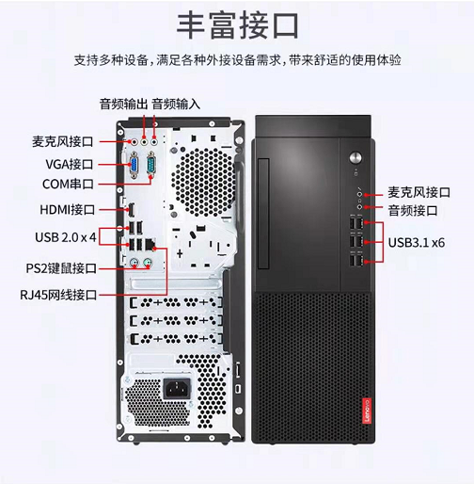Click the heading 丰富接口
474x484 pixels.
click(x=237, y=25)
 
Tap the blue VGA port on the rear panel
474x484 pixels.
click(x=134, y=165)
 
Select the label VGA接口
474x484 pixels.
click(x=70, y=164)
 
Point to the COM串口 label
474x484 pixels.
click(x=68, y=184)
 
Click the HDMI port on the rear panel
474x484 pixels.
click(x=132, y=210)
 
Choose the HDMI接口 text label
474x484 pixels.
click(x=67, y=210)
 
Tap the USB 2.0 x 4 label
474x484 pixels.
click(x=66, y=237)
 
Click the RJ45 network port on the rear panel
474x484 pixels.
click(x=150, y=245)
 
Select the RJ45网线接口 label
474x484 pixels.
click(x=58, y=295)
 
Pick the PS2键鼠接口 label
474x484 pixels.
click(x=61, y=268)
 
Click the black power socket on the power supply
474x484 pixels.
click(x=178, y=388)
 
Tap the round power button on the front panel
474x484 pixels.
click(x=355, y=157)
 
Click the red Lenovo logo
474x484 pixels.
click(x=367, y=411)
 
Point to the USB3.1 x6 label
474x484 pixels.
click(x=417, y=243)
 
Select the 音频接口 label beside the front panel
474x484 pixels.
click(x=413, y=210)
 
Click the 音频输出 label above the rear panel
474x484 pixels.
click(x=123, y=104)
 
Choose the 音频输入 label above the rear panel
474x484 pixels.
click(x=176, y=104)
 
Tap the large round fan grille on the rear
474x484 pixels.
click(x=203, y=183)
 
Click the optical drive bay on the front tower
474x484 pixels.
click(x=263, y=214)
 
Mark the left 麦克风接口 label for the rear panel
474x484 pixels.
click(x=63, y=141)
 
